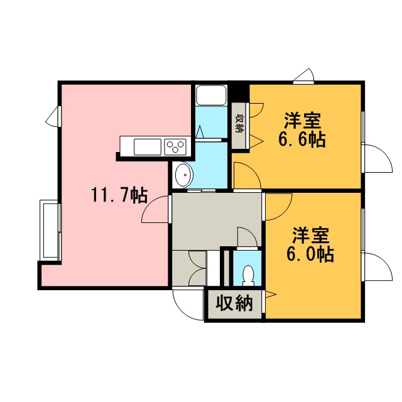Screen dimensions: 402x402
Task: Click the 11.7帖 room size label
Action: pos(119,195)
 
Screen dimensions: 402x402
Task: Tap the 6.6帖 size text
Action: pos(302,139)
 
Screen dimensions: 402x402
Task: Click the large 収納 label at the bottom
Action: pos(234,303)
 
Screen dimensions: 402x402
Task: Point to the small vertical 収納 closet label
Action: pos(240,123)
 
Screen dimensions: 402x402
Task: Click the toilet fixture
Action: pos(248,275)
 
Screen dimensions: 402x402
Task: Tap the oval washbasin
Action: pos(184,175)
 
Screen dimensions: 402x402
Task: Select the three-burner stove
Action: pos(175,147)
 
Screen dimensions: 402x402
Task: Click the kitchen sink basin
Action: pos(148,147)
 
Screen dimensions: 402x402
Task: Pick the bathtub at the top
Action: pos(211,95)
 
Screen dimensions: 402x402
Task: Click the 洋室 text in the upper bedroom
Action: pos(302,121)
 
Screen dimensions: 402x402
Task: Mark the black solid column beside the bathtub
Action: pos(239,92)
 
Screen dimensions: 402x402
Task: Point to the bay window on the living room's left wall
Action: pos(50,230)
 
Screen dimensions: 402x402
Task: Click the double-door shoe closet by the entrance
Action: pos(189,268)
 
